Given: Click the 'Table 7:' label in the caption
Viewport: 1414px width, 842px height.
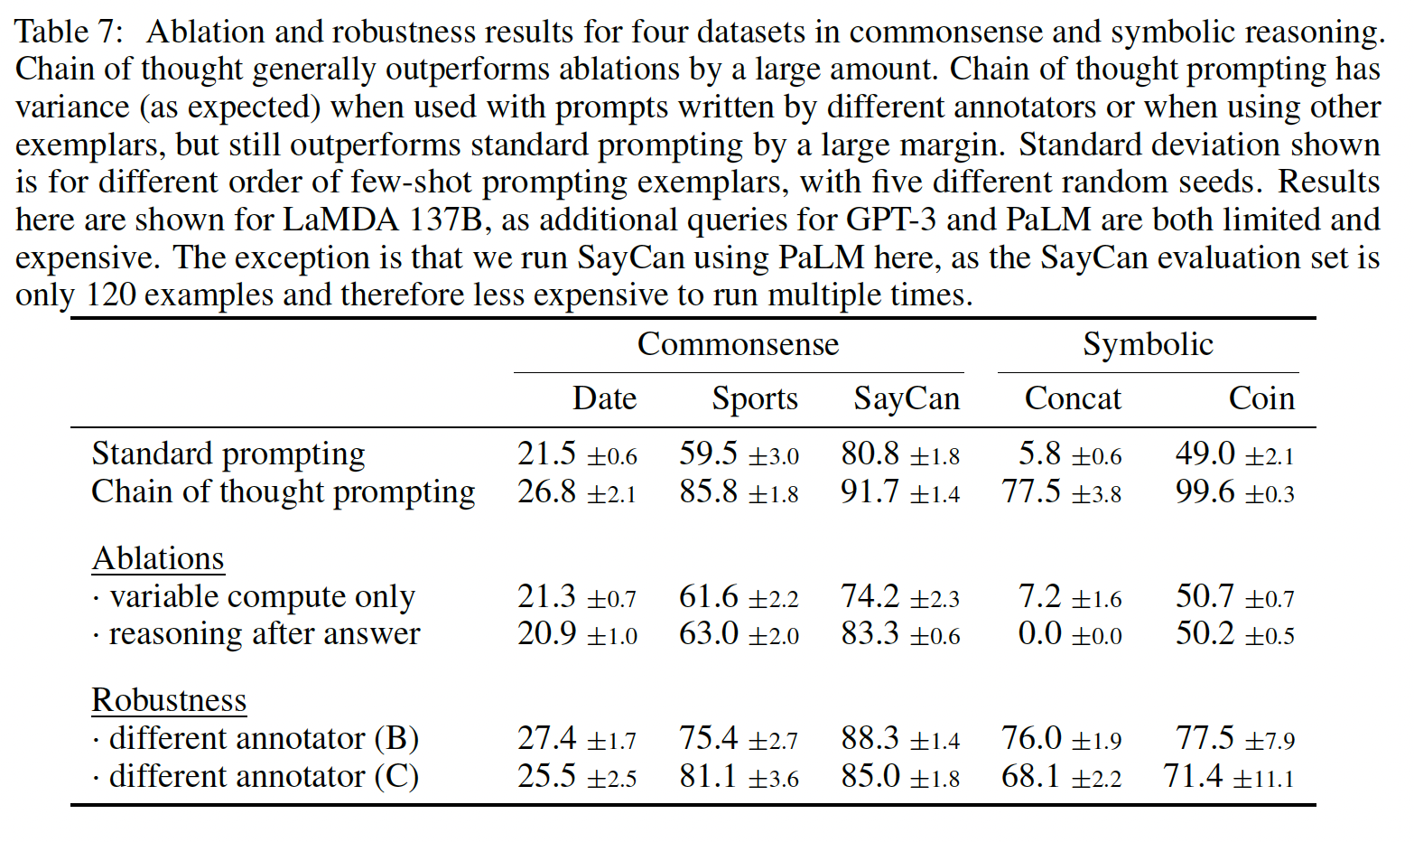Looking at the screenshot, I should pos(69,32).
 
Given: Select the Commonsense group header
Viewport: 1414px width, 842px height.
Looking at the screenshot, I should pos(738,344).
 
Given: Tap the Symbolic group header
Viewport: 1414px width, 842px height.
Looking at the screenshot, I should pos(1148,344).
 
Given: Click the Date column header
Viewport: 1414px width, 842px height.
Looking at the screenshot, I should pos(604,398).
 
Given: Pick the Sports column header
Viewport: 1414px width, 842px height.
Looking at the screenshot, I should pos(755,398).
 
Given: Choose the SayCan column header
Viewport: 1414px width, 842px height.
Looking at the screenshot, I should pos(907,398).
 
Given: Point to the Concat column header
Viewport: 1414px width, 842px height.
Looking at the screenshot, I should pos(1073,398).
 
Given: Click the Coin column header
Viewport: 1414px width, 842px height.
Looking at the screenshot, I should pos(1261,398).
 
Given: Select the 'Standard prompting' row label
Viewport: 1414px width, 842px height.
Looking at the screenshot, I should pos(228,454).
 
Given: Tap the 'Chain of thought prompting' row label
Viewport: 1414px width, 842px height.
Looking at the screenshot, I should pos(283,491).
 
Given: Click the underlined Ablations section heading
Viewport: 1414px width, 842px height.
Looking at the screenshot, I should pos(158,558).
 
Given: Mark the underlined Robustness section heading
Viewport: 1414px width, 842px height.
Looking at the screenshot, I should pos(169,700).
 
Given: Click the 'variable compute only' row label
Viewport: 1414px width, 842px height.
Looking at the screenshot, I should pos(261,596).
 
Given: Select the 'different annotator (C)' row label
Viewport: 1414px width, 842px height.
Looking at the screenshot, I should pos(263,776).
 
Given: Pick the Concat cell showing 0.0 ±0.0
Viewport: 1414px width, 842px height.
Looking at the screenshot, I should pos(1069,633).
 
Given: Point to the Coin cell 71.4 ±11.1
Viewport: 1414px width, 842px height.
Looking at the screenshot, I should pos(1228,776).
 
